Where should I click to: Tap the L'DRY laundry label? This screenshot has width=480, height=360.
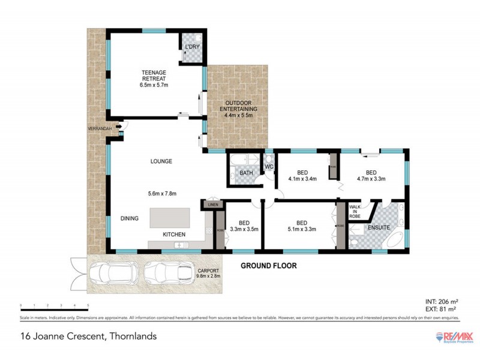192,46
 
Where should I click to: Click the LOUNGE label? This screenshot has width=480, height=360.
161,161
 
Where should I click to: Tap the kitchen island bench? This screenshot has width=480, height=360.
170,216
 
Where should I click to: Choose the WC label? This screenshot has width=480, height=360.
269,166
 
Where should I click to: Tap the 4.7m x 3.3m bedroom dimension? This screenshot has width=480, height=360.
371,178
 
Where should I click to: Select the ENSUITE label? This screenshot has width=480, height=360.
379,228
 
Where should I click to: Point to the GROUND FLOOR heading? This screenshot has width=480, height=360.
269,265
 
